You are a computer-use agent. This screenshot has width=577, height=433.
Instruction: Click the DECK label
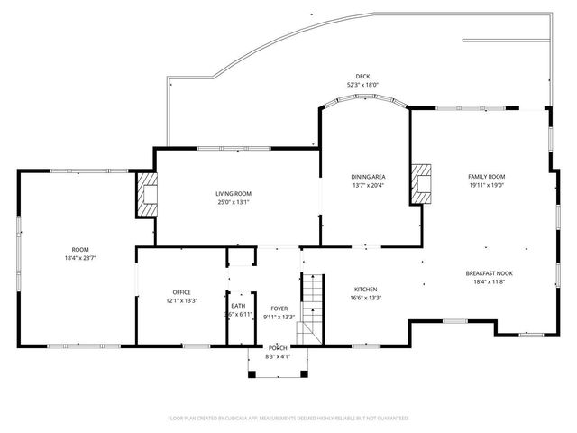(362, 77)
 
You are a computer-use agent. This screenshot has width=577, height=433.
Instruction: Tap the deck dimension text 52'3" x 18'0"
(362, 85)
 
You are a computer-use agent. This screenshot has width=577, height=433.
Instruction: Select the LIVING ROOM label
(233, 194)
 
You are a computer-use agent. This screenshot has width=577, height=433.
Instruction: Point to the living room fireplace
(146, 194)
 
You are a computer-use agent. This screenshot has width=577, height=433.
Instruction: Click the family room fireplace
(420, 183)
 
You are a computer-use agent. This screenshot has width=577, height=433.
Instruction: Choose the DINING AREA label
(369, 177)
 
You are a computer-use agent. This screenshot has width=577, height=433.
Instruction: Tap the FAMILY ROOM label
(486, 177)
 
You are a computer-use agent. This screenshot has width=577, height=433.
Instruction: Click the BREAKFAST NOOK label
(490, 273)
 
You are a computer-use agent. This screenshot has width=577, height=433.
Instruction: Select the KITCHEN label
(365, 290)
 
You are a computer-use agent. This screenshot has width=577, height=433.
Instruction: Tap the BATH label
(238, 306)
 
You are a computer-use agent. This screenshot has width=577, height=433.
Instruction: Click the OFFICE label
(181, 292)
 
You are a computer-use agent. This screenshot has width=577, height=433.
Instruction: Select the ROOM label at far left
(81, 249)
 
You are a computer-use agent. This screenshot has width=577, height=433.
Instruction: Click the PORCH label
(277, 349)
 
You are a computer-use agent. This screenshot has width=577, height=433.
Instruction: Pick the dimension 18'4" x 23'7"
(81, 258)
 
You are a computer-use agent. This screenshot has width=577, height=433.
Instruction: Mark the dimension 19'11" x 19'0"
(486, 186)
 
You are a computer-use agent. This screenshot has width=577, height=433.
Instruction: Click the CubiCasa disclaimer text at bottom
(288, 419)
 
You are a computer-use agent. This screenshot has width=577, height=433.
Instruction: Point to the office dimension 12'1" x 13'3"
(181, 301)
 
